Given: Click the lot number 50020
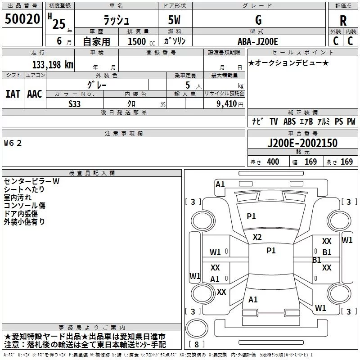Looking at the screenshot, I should (x=22, y=19).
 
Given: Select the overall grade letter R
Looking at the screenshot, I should (x=343, y=20).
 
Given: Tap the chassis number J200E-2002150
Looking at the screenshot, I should (x=302, y=144).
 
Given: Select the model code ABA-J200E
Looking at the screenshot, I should (x=259, y=41).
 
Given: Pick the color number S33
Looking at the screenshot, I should (x=75, y=103).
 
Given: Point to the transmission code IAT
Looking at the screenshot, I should (x=13, y=94).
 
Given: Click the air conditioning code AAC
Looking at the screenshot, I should (x=35, y=94).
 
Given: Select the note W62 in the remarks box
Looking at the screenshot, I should (x=13, y=143).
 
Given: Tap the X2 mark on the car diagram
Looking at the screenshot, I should (x=257, y=237).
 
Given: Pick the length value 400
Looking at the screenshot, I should (x=273, y=162).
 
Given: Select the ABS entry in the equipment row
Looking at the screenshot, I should (x=290, y=121).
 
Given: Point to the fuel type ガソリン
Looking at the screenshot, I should (x=175, y=41).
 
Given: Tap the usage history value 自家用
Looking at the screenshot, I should (x=96, y=41).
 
